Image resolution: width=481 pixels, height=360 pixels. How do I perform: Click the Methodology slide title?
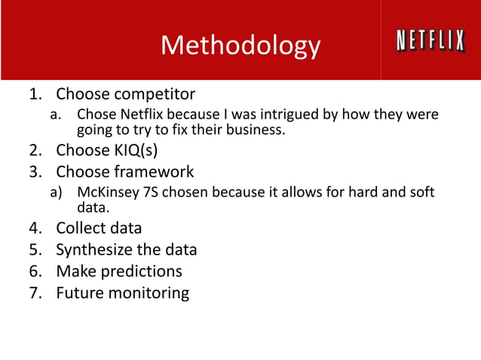(x=240, y=46)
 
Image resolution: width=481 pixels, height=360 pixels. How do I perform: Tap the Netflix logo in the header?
(x=430, y=41)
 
